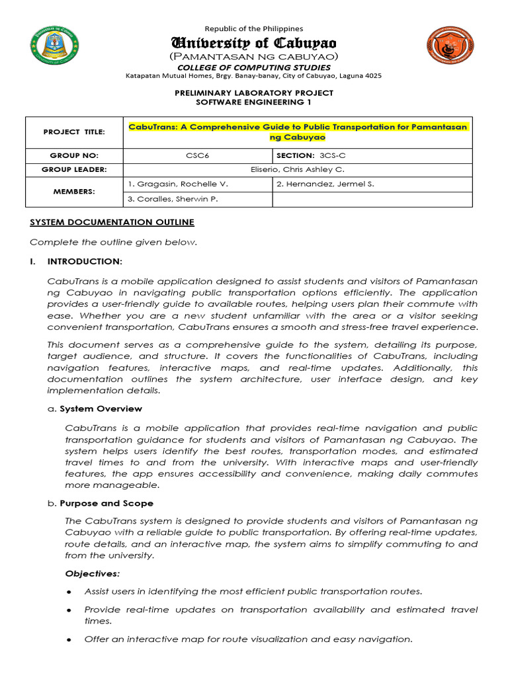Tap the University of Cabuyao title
[x=253, y=44]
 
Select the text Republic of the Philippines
[x=253, y=28]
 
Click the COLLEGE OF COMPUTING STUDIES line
[x=253, y=67]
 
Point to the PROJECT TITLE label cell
[x=74, y=132]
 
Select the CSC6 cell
[x=198, y=155]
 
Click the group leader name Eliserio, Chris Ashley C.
[x=298, y=169]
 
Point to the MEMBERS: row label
[x=74, y=192]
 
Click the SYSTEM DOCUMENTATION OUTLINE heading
[x=112, y=222]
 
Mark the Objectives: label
[x=92, y=573]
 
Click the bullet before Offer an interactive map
[x=69, y=640]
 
